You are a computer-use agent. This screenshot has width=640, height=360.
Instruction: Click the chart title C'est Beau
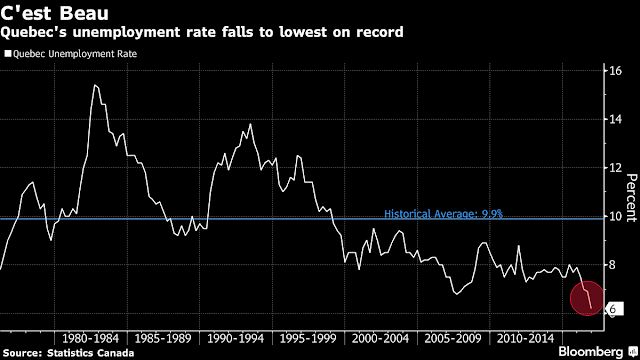55,12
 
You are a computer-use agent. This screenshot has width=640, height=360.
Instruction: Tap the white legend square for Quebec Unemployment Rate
8,53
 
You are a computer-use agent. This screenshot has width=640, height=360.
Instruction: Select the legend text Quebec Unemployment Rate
75,54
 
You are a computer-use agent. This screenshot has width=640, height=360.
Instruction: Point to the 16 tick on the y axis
616,71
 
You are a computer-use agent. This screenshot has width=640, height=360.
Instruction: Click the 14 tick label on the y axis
616,119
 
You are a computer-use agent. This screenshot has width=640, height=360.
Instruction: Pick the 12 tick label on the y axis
616,168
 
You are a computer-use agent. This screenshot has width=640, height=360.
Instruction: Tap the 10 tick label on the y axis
616,216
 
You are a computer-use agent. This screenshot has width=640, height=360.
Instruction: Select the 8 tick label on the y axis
612,265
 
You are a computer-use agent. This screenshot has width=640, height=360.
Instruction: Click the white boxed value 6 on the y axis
614,309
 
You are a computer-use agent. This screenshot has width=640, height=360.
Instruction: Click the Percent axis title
632,198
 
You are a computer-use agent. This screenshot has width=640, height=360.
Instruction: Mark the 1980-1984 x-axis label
90,338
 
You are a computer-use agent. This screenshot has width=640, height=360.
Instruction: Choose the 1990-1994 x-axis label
236,338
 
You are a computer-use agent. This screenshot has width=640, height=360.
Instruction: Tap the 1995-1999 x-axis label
308,338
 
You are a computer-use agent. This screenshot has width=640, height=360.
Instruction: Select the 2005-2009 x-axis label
453,338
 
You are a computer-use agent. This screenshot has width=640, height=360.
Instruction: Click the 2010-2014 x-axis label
526,338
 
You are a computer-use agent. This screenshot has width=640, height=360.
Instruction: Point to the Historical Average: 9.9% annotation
443,214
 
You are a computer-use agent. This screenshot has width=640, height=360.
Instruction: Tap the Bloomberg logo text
591,352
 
